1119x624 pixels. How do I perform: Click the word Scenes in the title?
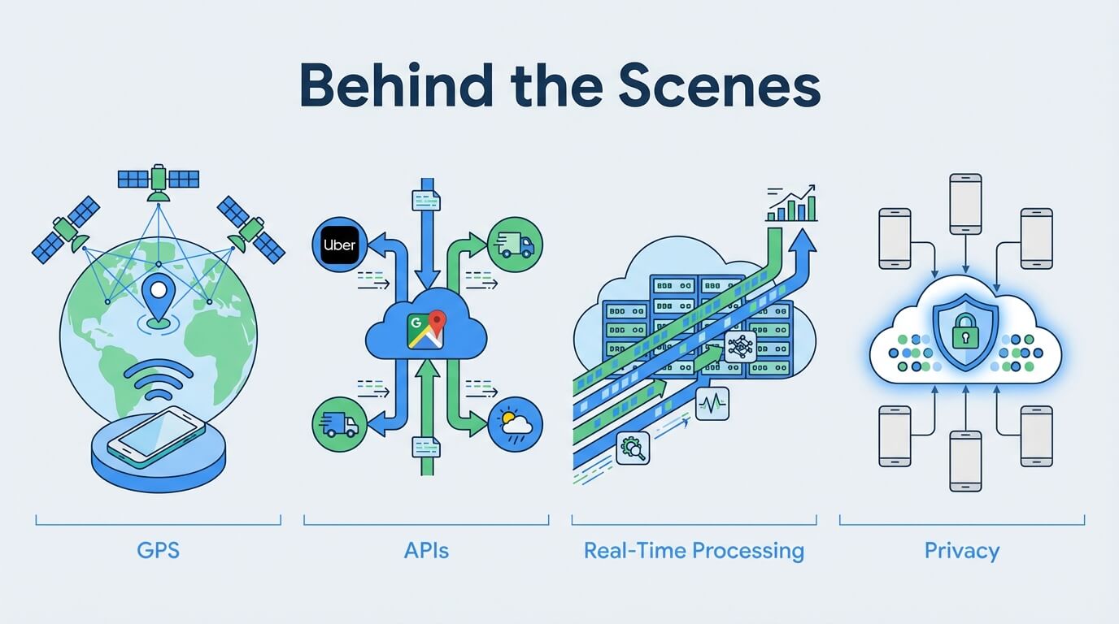pyautogui.click(x=720, y=85)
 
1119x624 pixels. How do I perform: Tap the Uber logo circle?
pyautogui.click(x=340, y=245)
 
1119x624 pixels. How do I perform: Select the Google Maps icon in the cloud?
pyautogui.click(x=425, y=330)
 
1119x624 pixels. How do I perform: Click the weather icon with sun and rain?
pyautogui.click(x=515, y=425)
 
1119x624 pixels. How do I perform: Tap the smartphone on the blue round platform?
pyautogui.click(x=156, y=437)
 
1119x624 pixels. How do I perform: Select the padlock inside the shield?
pyautogui.click(x=965, y=331)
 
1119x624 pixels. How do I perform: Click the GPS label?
pyautogui.click(x=159, y=551)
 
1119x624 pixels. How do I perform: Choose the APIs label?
pyautogui.click(x=426, y=551)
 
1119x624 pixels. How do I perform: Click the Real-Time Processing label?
pyautogui.click(x=694, y=551)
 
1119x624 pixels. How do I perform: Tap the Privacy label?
pyautogui.click(x=962, y=552)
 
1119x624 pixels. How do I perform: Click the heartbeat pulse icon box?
pyautogui.click(x=712, y=403)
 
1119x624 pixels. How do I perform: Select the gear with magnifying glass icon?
pyautogui.click(x=633, y=448)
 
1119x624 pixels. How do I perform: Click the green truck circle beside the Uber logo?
pyautogui.click(x=515, y=245)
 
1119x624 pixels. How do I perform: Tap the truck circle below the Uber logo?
pyautogui.click(x=340, y=425)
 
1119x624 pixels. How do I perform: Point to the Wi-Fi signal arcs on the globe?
pyautogui.click(x=159, y=380)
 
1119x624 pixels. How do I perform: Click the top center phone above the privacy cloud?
pyautogui.click(x=965, y=204)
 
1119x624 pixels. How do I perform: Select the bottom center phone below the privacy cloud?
pyautogui.click(x=965, y=461)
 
